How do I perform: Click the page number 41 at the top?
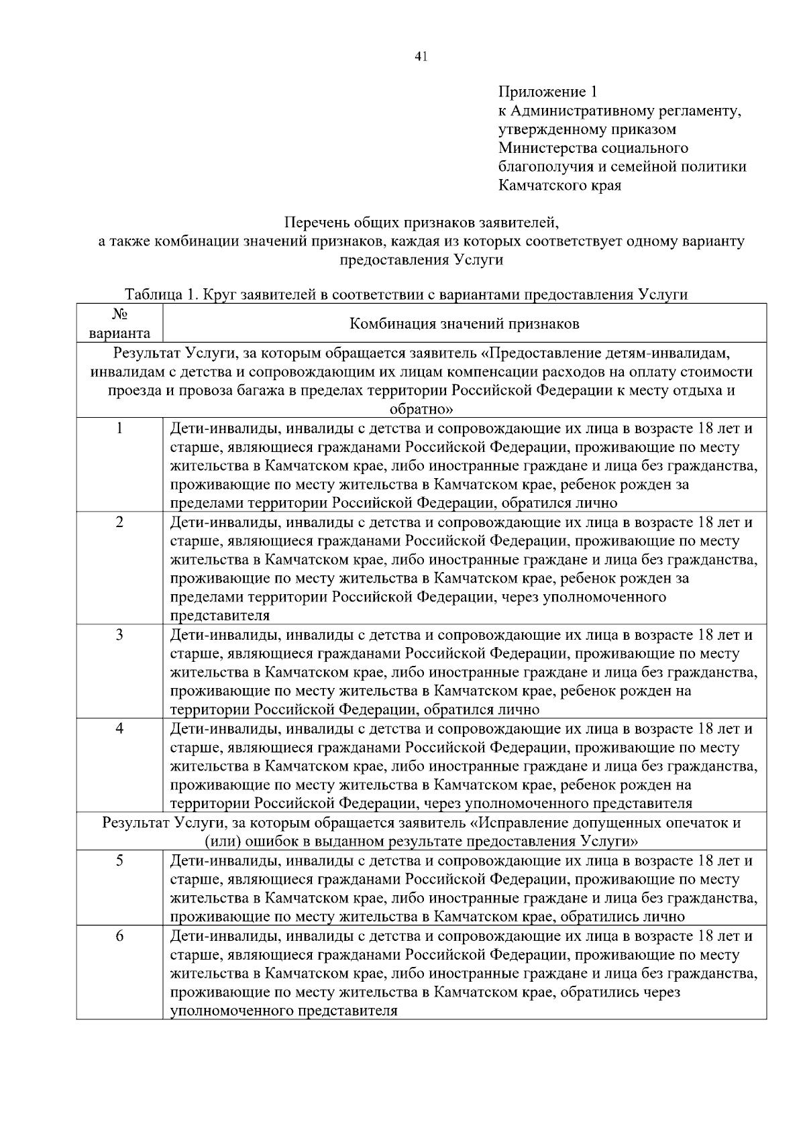pos(421,57)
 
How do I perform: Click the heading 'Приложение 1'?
pos(547,91)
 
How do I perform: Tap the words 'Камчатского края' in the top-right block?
pos(559,185)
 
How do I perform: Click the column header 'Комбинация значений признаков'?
pos(464,324)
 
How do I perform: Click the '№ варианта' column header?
pos(119,324)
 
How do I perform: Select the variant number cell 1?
pos(119,429)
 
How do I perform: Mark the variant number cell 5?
pos(119,860)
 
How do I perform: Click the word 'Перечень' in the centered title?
pos(313,222)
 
